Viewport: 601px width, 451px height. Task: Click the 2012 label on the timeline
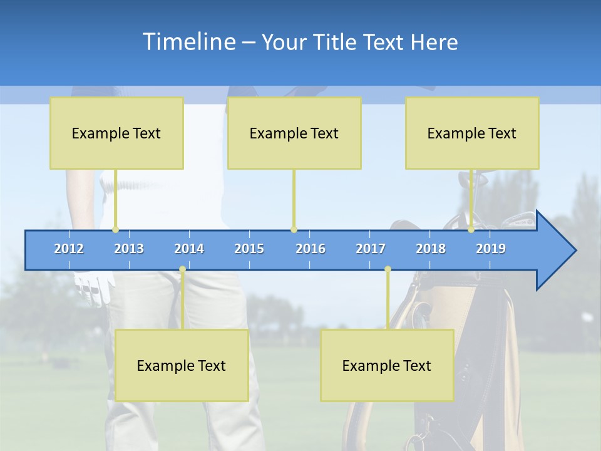69,249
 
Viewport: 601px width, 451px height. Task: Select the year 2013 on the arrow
129,249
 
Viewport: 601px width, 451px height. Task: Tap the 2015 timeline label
249,249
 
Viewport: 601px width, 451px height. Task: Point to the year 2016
311,249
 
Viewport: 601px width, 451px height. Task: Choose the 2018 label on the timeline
431,249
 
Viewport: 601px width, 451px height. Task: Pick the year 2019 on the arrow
491,249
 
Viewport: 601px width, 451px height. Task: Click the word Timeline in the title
188,42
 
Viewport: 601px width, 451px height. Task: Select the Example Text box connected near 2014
182,365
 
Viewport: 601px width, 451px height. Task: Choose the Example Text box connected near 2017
387,365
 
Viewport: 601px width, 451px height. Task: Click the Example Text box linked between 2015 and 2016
294,133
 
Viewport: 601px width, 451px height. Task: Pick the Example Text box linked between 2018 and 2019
472,133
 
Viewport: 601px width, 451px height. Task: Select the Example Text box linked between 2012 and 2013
116,133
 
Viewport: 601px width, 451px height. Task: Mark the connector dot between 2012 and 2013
115,229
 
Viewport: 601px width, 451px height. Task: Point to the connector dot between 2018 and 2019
471,229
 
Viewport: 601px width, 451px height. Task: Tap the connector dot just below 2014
182,269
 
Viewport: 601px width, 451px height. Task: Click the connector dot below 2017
388,269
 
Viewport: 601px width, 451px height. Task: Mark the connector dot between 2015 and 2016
294,229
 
